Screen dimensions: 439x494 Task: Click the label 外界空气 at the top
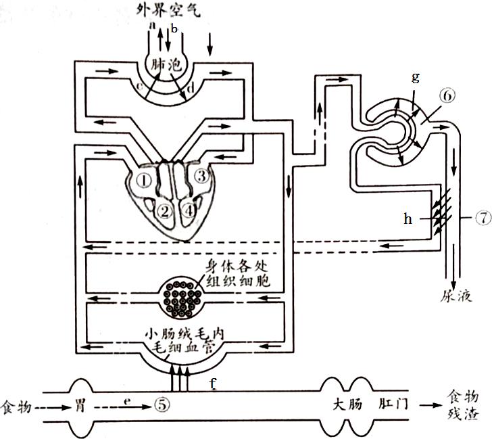[169, 9]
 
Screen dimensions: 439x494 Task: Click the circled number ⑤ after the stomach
[160, 405]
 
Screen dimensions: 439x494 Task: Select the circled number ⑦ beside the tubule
[483, 218]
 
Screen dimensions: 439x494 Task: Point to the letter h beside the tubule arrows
[407, 219]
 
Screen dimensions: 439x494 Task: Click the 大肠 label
[349, 406]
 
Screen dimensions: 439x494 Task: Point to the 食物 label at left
[16, 407]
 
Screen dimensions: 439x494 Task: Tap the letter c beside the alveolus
[138, 87]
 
